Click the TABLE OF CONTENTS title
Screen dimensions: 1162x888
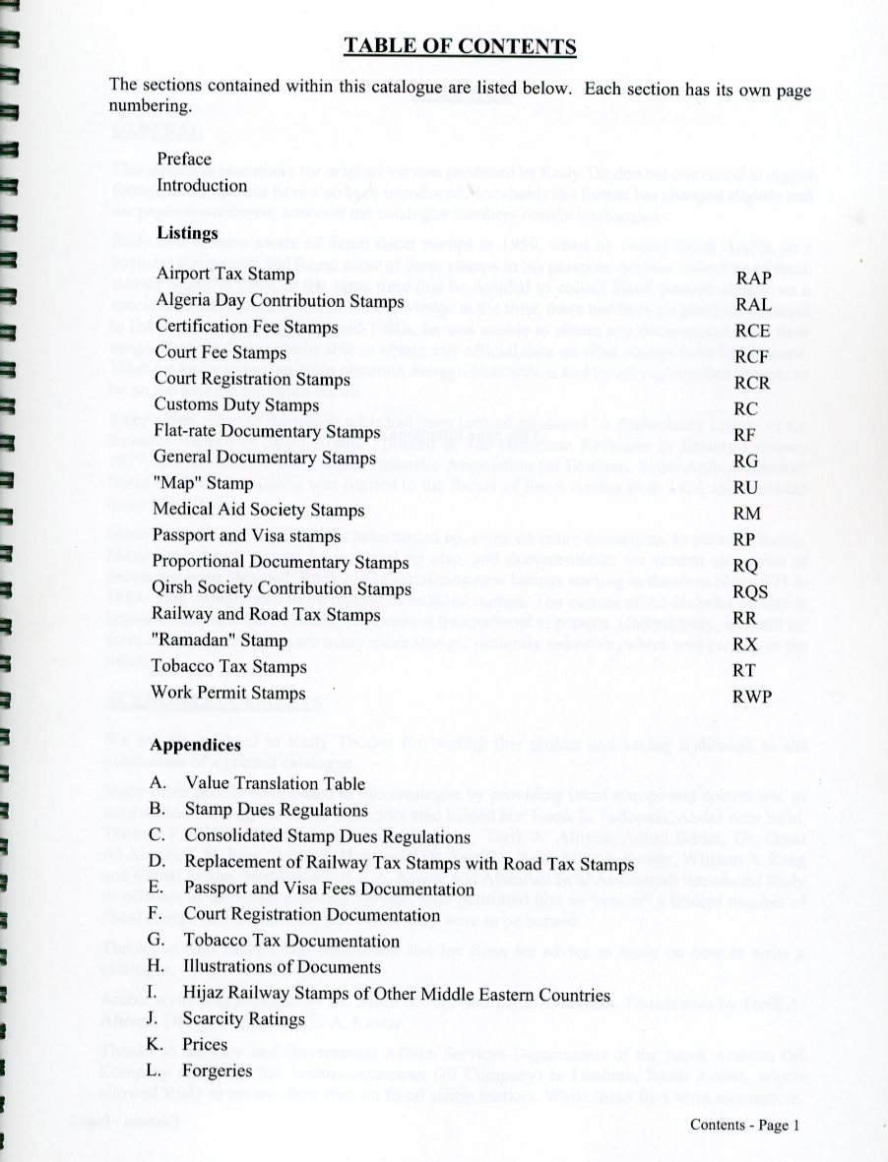[459, 46]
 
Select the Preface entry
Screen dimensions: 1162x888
[184, 159]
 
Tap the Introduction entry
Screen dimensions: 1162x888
[202, 185]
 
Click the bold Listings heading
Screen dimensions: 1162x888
[187, 233]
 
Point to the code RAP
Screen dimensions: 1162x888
[753, 278]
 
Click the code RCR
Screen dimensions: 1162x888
[753, 383]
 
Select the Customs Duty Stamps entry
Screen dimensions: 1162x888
[236, 404]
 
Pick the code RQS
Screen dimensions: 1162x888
[754, 591]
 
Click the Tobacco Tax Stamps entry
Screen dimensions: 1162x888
[229, 667]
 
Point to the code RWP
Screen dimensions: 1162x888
[753, 696]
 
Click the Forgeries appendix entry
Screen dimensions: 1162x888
[219, 1070]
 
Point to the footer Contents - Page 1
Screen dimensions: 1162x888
[744, 1126]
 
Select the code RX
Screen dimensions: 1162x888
[746, 643]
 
